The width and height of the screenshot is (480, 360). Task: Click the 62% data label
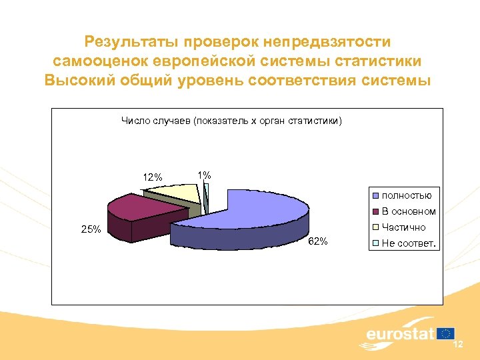[318, 241]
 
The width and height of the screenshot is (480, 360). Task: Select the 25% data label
[91, 229]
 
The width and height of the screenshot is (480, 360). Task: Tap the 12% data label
[153, 177]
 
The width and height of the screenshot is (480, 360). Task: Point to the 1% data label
[204, 175]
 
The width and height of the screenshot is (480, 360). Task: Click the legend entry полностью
[406, 195]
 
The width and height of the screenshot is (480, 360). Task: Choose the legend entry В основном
[409, 211]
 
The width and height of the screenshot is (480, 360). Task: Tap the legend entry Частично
[403, 227]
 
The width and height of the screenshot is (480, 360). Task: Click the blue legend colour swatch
[376, 196]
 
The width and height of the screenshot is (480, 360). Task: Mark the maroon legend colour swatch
[376, 212]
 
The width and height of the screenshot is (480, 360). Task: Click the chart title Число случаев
[231, 121]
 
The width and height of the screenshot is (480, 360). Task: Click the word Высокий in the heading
[81, 81]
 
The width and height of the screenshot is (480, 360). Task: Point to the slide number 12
[458, 345]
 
